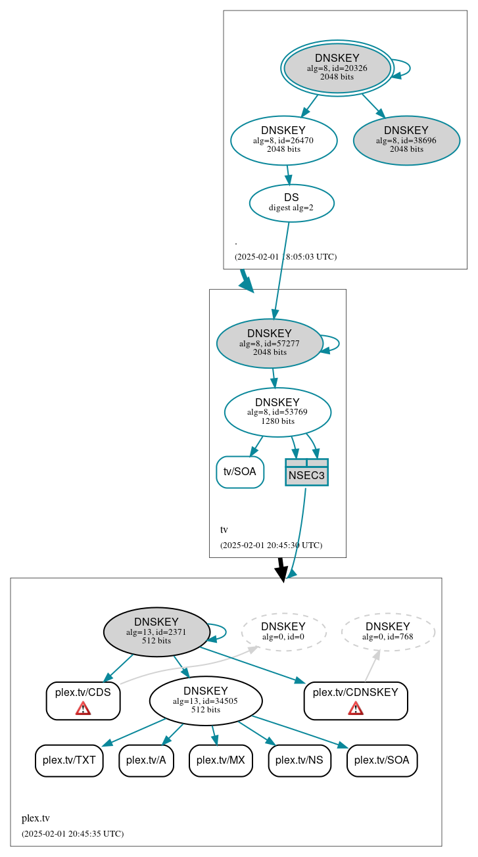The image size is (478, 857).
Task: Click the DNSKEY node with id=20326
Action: point(337,68)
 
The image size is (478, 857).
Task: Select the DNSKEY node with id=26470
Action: point(283,140)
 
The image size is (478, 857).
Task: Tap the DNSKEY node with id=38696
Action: point(406,140)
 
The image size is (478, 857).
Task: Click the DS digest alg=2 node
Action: point(291,203)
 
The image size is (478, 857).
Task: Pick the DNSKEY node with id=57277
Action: point(269,343)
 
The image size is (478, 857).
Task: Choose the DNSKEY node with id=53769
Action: point(277,412)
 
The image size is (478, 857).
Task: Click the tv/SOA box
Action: point(240,472)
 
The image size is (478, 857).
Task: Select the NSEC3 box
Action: point(306,473)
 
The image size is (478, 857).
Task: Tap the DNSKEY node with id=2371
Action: point(156,632)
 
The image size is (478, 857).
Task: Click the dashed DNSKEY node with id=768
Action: point(387,632)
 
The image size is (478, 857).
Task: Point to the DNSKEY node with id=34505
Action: point(205,701)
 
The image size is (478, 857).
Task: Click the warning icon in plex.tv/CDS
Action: point(83,708)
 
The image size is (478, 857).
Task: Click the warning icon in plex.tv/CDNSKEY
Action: point(356,708)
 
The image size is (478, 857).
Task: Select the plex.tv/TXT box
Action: point(69,760)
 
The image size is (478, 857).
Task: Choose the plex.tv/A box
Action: point(146,760)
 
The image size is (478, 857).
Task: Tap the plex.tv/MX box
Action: point(220,760)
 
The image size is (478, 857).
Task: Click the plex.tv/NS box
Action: point(299,760)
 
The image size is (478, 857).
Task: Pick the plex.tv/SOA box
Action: point(381,760)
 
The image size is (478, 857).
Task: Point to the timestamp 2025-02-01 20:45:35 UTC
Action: point(72,834)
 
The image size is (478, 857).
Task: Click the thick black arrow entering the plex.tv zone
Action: point(281,569)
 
